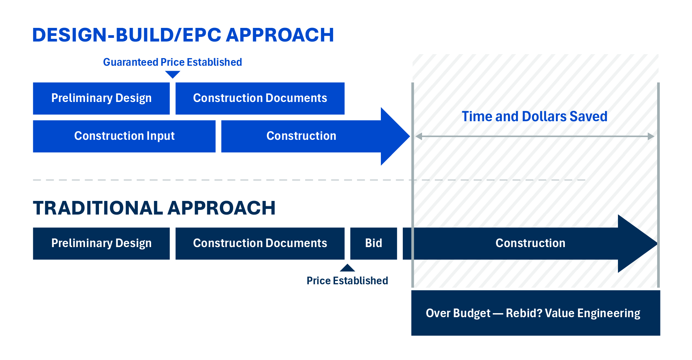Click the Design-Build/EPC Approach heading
click(x=183, y=35)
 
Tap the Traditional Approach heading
click(x=154, y=208)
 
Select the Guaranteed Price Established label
click(x=172, y=62)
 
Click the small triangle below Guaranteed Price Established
click(x=172, y=75)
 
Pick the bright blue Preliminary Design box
click(x=101, y=98)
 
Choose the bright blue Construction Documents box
click(x=260, y=98)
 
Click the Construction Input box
click(x=124, y=136)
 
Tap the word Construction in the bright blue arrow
click(x=301, y=136)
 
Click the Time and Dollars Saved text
click(x=535, y=117)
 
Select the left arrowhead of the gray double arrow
click(x=419, y=136)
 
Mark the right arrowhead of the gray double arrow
click(x=651, y=136)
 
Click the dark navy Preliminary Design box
click(x=101, y=243)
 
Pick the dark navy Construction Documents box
click(x=260, y=243)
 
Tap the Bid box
click(x=374, y=243)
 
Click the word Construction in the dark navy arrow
click(x=530, y=243)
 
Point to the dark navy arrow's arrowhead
click(x=638, y=243)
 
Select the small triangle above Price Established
click(x=347, y=268)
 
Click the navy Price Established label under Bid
click(x=347, y=281)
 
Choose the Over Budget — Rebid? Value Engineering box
click(x=536, y=313)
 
